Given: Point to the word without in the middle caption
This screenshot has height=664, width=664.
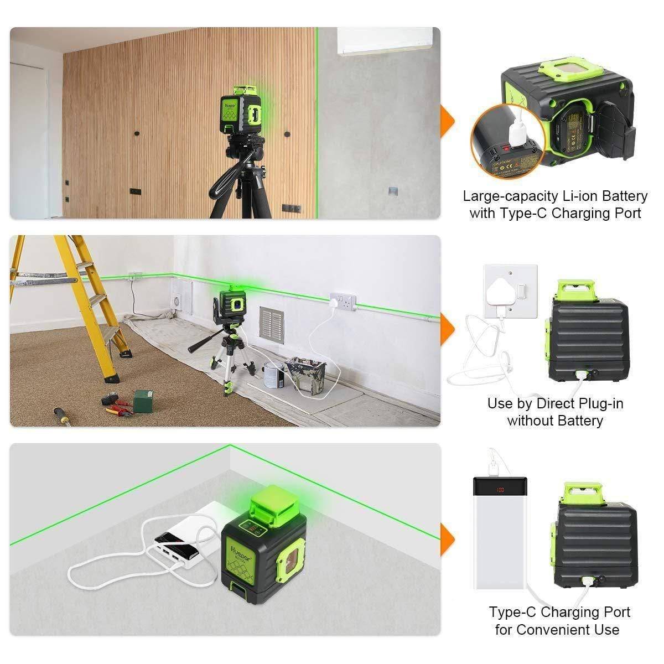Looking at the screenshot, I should pos(529,421).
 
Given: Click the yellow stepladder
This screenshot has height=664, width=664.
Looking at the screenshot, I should pos(72,299).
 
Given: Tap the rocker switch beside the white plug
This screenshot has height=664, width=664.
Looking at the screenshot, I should pos(521,290).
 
